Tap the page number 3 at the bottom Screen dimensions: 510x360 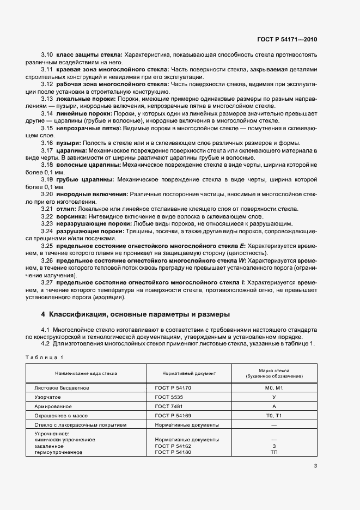click(x=315, y=466)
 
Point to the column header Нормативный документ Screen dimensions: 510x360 click(x=189, y=373)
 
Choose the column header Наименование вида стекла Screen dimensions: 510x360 click(x=86, y=373)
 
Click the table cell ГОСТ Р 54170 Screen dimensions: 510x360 click(x=173, y=387)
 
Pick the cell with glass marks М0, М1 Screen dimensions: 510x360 click(x=274, y=387)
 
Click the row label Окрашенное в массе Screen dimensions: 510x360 click(x=62, y=415)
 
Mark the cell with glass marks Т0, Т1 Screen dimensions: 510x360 click(x=274, y=415)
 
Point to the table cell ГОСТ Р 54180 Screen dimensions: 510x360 click(x=173, y=452)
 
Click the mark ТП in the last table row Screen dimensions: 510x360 click(x=274, y=452)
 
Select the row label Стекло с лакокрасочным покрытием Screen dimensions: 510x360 click(x=80, y=424)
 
